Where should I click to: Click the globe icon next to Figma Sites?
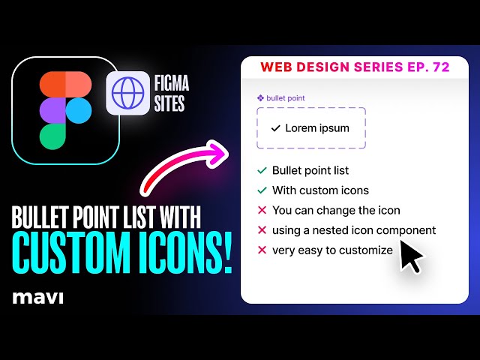click(127, 93)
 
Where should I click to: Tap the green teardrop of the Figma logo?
click(52, 136)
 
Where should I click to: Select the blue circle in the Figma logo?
click(79, 110)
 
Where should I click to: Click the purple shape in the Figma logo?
click(52, 110)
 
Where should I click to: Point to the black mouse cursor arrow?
click(410, 255)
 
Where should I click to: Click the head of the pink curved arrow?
click(218, 152)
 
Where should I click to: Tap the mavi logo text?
click(38, 298)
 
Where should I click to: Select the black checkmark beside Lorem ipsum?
click(276, 128)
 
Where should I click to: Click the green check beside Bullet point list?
click(262, 170)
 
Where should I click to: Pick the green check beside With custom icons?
click(262, 190)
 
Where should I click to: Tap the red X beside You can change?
click(262, 210)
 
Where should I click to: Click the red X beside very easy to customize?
click(262, 250)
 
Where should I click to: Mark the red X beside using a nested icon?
click(262, 230)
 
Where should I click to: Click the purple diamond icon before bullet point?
click(260, 98)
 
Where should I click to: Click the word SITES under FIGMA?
click(169, 103)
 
